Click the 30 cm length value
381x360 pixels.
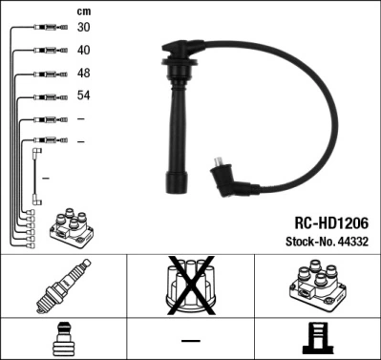pos(85,27)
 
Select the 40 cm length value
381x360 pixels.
pos(85,50)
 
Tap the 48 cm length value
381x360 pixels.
pos(85,73)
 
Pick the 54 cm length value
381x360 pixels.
pos(85,95)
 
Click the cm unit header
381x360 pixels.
pos(83,10)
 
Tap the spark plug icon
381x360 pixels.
pos(63,287)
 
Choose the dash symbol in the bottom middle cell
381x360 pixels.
pos(190,340)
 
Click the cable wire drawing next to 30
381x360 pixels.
pos(46,27)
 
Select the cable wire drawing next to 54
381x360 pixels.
pos(46,95)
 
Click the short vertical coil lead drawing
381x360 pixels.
pos(36,176)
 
